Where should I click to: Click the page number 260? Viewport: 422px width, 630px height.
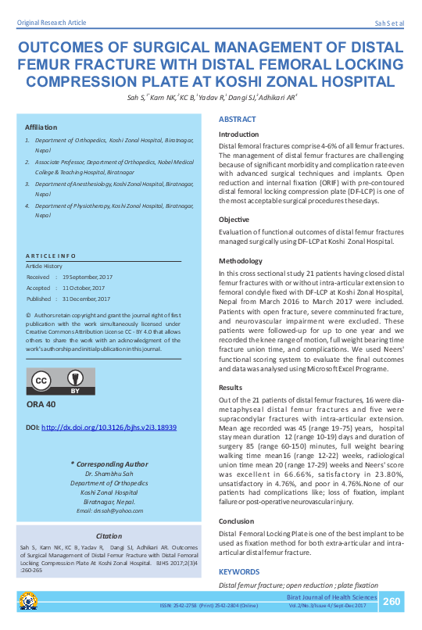pos(392,601)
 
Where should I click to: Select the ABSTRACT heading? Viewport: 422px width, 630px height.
pos(238,120)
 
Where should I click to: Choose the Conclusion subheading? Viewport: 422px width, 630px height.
pos(236,521)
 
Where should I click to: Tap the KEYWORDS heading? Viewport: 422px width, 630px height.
pos(240,572)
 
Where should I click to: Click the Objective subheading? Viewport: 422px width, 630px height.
pos(234,220)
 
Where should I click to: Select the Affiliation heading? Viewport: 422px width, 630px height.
pos(41,127)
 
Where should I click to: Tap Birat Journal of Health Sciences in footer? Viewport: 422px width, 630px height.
pos(332,597)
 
